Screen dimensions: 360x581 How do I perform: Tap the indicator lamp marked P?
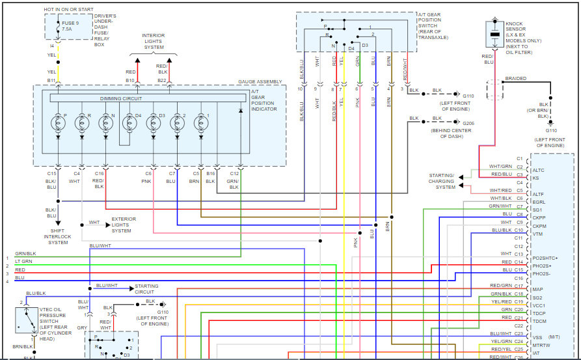click(x=58, y=120)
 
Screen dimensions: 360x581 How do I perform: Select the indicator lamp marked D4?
click(x=129, y=120)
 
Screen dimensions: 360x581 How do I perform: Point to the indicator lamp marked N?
click(x=105, y=120)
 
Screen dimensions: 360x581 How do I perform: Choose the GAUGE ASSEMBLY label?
click(x=260, y=81)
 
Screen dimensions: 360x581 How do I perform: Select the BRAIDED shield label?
click(x=516, y=79)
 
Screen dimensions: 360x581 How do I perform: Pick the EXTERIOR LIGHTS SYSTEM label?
click(x=124, y=225)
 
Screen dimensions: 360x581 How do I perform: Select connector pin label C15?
click(x=52, y=174)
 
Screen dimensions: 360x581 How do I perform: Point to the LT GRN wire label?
click(x=24, y=261)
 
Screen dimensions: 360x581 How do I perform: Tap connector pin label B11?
click(x=51, y=80)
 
